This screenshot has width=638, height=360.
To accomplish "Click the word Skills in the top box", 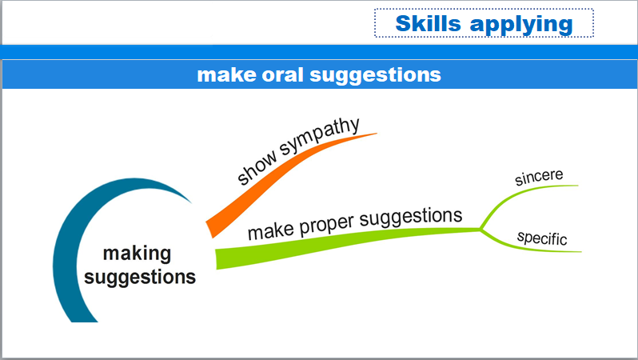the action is (428, 23).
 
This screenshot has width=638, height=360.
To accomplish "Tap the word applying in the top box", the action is (521, 25).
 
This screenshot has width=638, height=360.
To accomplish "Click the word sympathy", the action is (320, 138).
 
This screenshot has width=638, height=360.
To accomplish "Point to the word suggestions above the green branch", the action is (411, 218).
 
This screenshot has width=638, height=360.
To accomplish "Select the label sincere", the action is (539, 177).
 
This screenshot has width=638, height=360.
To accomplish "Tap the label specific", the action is (542, 238).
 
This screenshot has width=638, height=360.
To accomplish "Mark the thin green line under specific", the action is (525, 246).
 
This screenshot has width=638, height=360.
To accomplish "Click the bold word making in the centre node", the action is (138, 254).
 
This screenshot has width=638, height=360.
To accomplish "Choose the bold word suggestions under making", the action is (140, 278).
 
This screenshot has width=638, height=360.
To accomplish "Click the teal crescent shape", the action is (67, 244).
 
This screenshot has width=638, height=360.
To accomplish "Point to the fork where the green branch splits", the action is (480, 230).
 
